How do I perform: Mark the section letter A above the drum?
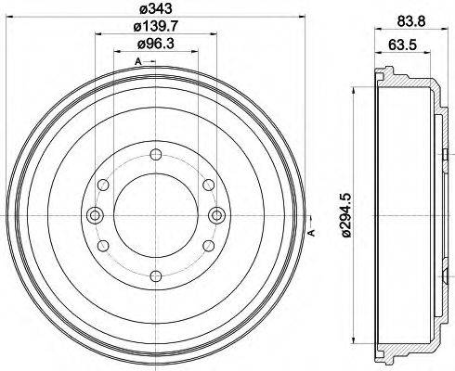138,61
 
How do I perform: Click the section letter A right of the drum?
313,232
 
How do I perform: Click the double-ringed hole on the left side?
92,216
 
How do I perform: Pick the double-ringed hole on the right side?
216,216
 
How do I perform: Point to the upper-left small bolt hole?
102,188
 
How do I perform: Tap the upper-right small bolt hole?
206,188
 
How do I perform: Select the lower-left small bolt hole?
102,245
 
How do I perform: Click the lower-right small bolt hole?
206,245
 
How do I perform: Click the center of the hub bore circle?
154,216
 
